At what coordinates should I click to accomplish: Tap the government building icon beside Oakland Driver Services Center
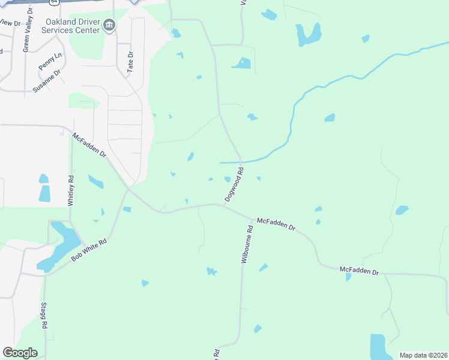[109, 25]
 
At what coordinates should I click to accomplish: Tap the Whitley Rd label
[71, 191]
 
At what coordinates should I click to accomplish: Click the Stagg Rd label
[44, 316]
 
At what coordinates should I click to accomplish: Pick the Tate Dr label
[130, 61]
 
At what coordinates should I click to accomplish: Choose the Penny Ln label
[50, 61]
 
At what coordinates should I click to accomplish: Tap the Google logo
[20, 353]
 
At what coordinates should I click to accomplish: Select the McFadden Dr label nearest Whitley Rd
[89, 146]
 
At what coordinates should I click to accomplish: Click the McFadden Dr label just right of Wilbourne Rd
[277, 224]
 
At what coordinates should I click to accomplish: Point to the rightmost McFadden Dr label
[360, 271]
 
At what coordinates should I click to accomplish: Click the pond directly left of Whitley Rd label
[44, 193]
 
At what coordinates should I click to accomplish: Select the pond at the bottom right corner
[378, 347]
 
